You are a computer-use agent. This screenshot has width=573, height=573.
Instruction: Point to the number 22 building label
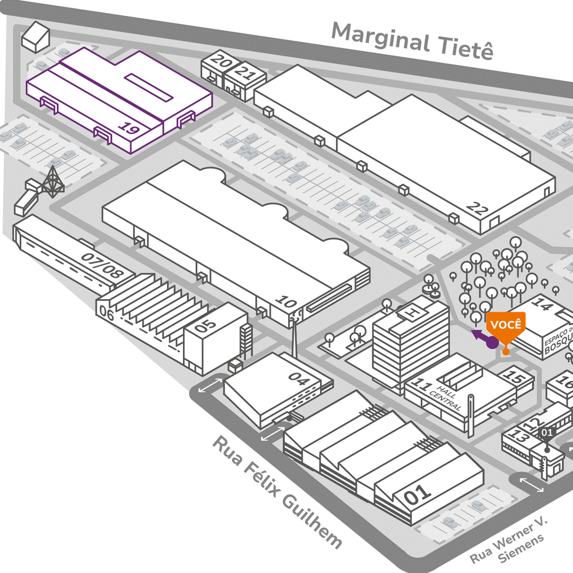click(x=477, y=209)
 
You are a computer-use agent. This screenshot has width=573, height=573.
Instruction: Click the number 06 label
click(x=107, y=314)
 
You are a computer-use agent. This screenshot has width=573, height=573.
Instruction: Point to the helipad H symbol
click(x=410, y=312)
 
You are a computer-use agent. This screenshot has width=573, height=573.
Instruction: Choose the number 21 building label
click(x=246, y=71)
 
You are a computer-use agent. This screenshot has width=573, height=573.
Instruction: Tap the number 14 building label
click(x=542, y=305)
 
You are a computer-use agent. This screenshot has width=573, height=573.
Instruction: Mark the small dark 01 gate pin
click(x=546, y=432)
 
